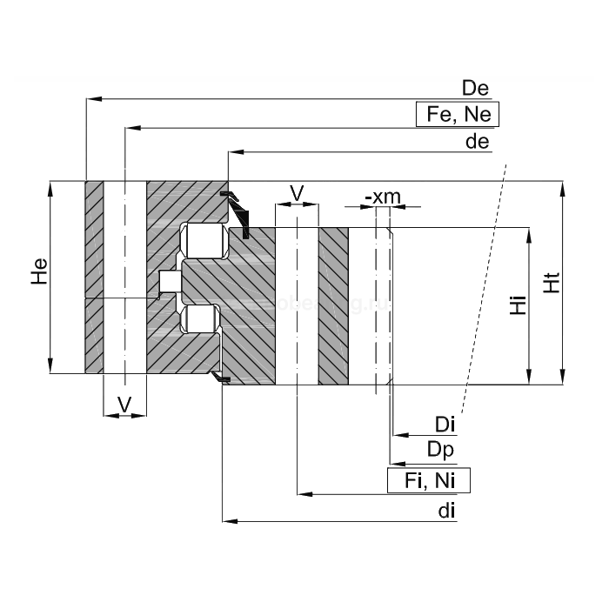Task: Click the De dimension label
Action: click(x=476, y=89)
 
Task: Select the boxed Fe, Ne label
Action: click(x=458, y=115)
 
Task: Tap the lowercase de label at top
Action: click(x=478, y=142)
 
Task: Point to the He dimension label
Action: click(x=38, y=273)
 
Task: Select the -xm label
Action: click(x=383, y=197)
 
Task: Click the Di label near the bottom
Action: click(x=445, y=424)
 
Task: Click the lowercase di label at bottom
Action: click(x=447, y=511)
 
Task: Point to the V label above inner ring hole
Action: click(x=296, y=192)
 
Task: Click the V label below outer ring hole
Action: click(x=124, y=404)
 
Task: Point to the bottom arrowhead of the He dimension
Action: click(x=51, y=367)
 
